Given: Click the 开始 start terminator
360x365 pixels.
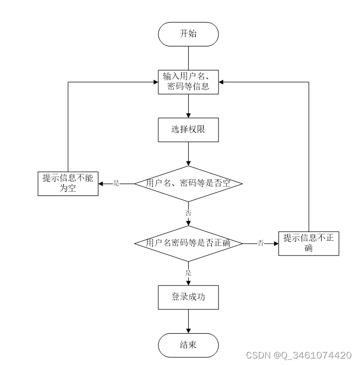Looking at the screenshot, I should [188, 34].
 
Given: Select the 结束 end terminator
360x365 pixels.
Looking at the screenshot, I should [188, 345].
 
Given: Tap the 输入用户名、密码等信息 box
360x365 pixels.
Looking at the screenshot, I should [188, 82].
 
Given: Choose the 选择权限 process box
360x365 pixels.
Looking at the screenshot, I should [188, 130].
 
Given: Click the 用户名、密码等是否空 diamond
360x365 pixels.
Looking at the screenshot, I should [188, 184].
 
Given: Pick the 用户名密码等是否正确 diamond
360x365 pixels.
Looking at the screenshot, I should [188, 243].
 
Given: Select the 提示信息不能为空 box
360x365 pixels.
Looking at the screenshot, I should [68, 184].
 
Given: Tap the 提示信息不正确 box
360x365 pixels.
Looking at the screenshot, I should [309, 243].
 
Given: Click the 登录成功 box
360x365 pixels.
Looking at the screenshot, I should [188, 297].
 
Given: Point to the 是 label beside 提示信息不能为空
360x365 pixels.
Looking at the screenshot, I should [116, 184].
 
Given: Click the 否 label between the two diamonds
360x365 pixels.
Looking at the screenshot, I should [189, 213].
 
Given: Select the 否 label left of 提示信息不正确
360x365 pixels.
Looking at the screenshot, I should [261, 244].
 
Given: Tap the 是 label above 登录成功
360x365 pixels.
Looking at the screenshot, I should [189, 273].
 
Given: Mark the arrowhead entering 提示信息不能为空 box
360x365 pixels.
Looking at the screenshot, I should [101, 184].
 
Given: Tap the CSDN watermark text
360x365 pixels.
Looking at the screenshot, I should [298, 355].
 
